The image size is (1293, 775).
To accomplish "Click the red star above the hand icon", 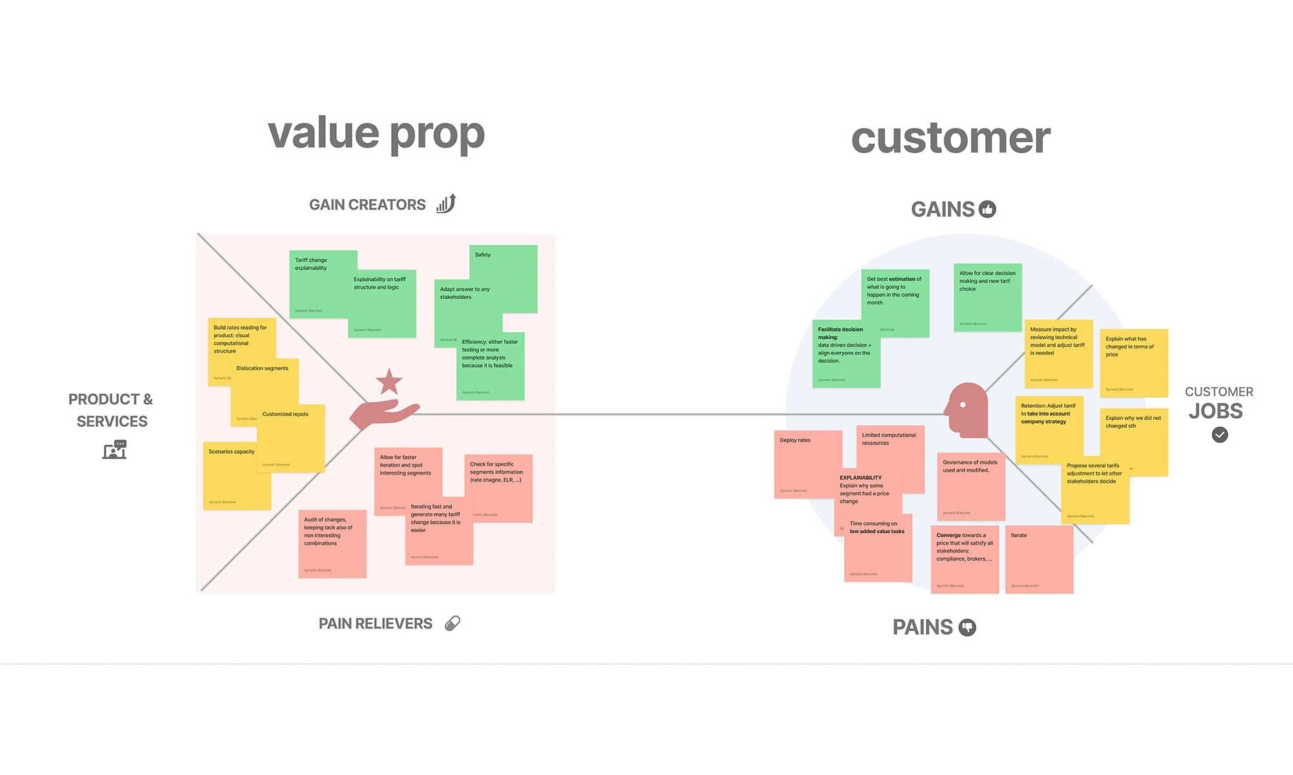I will coord(389,382).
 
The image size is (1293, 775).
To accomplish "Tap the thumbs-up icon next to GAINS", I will coord(987,209).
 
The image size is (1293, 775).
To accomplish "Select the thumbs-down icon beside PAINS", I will coord(967,628).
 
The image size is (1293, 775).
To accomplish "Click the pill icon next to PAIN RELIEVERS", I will coord(453,623).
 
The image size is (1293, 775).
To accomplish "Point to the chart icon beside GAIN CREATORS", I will coord(446,204).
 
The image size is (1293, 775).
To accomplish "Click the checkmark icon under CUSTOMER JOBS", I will coord(1219,435).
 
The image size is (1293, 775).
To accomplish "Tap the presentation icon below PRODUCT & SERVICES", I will coord(114,449).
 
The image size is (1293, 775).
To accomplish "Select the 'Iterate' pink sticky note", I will coord(1039,559).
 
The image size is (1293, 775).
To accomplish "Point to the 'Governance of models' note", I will coord(971,486).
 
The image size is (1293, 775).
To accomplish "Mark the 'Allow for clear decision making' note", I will coord(987,297).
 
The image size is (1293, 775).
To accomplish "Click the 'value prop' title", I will coord(376,134).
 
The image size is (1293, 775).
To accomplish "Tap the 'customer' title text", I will coord(950,138).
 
